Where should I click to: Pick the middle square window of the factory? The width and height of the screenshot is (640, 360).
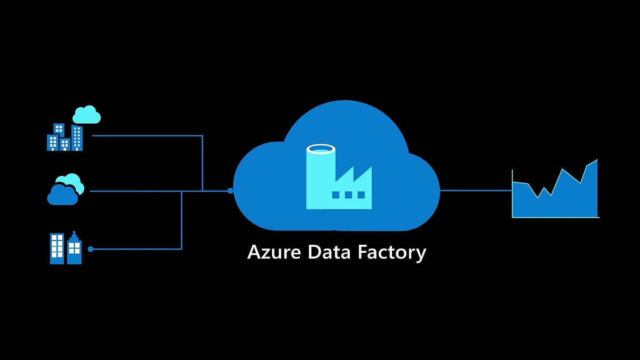point(348,195)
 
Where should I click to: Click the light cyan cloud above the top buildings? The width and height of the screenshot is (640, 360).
point(86,115)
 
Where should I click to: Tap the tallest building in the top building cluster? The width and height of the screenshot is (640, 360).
point(77,138)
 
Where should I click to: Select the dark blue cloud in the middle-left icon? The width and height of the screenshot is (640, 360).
point(62,195)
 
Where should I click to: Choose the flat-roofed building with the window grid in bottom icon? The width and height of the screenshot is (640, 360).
point(57,249)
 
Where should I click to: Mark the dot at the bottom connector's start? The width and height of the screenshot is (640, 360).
point(91,249)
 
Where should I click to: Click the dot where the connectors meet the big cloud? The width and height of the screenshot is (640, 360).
point(230,190)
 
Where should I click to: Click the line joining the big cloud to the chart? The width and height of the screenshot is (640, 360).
point(475,190)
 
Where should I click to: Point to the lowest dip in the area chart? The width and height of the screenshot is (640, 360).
point(538,197)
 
